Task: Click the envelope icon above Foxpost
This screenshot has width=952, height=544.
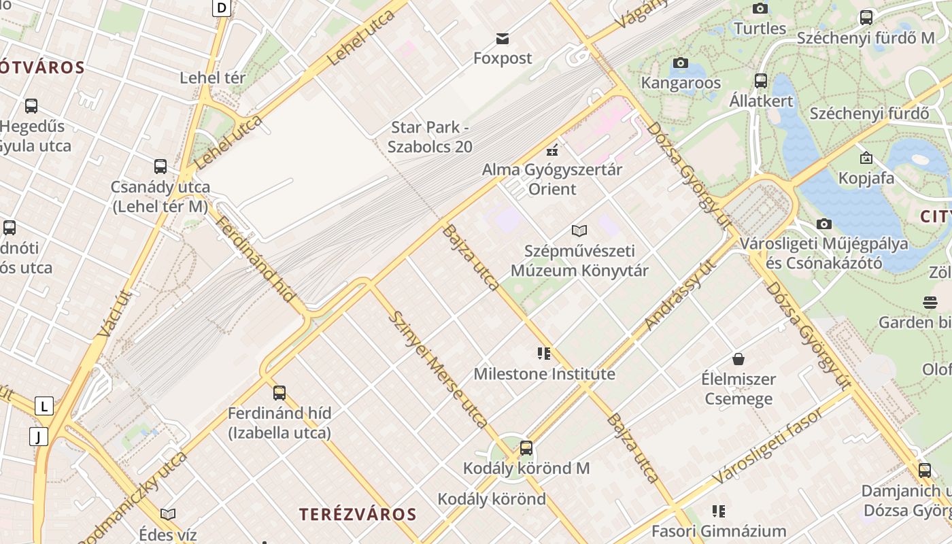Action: pyautogui.click(x=503, y=38)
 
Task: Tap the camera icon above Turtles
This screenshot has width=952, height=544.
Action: pyautogui.click(x=760, y=8)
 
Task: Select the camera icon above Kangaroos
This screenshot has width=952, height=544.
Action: pyautogui.click(x=680, y=63)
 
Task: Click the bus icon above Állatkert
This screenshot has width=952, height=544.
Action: pyautogui.click(x=761, y=81)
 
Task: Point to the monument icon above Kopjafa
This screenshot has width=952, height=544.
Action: pyautogui.click(x=866, y=158)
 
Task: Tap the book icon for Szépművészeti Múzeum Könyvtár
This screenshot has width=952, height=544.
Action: pyautogui.click(x=579, y=231)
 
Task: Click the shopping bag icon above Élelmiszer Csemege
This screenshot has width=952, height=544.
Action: pyautogui.click(x=738, y=358)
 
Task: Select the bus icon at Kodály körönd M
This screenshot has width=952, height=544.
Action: pyautogui.click(x=526, y=448)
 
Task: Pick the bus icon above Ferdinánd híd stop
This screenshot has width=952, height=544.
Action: pyautogui.click(x=279, y=392)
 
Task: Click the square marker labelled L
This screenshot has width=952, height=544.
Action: pyautogui.click(x=44, y=406)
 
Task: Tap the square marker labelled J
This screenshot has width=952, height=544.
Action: pyautogui.click(x=39, y=436)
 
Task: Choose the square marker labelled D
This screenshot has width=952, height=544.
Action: pyautogui.click(x=222, y=7)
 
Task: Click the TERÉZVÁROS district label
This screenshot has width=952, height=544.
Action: pyautogui.click(x=358, y=514)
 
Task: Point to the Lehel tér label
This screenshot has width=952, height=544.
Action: pyautogui.click(x=213, y=78)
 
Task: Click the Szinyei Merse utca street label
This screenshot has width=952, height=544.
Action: pyautogui.click(x=439, y=370)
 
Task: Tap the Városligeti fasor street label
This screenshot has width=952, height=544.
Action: pyautogui.click(x=768, y=445)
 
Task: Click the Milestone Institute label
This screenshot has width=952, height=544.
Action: pyautogui.click(x=544, y=374)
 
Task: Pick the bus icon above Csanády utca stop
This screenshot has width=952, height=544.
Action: pyautogui.click(x=160, y=167)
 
